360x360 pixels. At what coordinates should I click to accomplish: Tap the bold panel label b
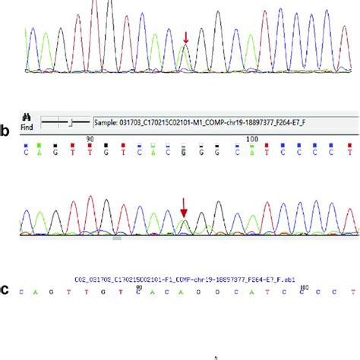point(6,132)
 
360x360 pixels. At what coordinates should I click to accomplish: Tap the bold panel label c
point(6,290)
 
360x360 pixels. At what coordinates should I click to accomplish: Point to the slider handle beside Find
point(70,121)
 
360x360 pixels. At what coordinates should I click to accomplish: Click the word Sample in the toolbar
point(107,121)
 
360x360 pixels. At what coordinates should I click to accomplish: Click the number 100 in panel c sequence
point(304,286)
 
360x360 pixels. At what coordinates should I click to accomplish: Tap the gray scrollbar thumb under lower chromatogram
point(116,238)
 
